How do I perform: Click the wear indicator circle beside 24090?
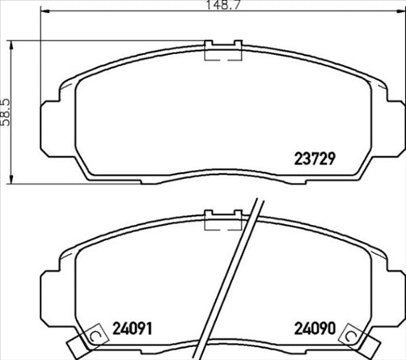pyautogui.click(x=352, y=335)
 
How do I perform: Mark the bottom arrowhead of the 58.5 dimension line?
pyautogui.click(x=10, y=179)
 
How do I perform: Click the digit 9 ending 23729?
pyautogui.click(x=331, y=159)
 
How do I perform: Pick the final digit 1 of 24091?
pyautogui.click(x=150, y=329)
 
